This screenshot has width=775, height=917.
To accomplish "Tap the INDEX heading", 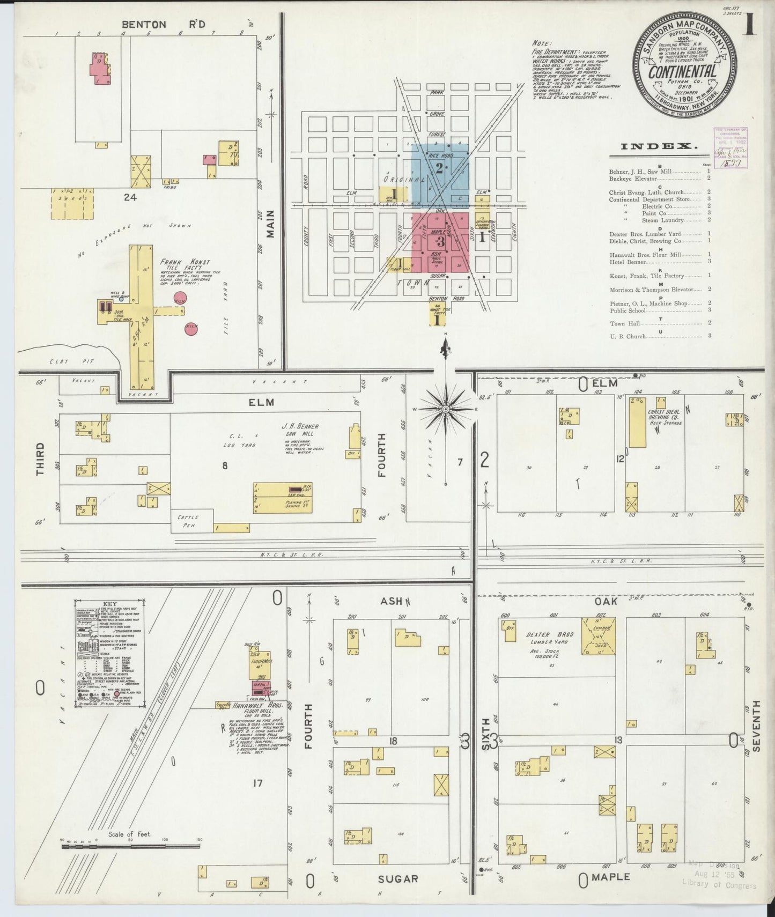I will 659,146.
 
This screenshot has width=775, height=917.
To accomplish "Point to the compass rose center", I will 445,409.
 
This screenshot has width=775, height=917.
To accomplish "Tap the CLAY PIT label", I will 72,361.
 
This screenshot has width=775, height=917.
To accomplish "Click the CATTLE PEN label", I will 188,521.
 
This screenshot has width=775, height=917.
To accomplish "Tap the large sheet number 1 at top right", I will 750,24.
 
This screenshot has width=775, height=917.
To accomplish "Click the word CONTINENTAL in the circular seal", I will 683,71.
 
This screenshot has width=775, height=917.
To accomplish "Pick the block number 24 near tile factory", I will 130,197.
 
